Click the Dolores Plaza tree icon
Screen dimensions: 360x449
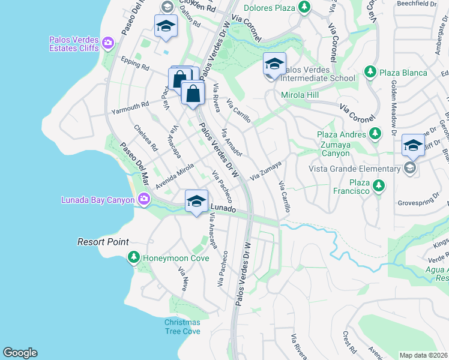pos(305,7)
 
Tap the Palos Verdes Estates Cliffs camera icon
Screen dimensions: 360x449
pos(108,42)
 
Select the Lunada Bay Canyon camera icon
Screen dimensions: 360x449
pos(144,199)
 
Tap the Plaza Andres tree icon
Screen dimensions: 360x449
pos(375,134)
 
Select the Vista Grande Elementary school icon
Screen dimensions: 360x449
pos(410,168)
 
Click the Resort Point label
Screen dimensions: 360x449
pos(103,242)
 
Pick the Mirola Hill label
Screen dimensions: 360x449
pos(300,95)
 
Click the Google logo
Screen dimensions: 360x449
pos(20,353)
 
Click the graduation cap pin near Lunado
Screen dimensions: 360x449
pos(196,202)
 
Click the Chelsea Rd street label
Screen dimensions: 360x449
pos(145,137)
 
